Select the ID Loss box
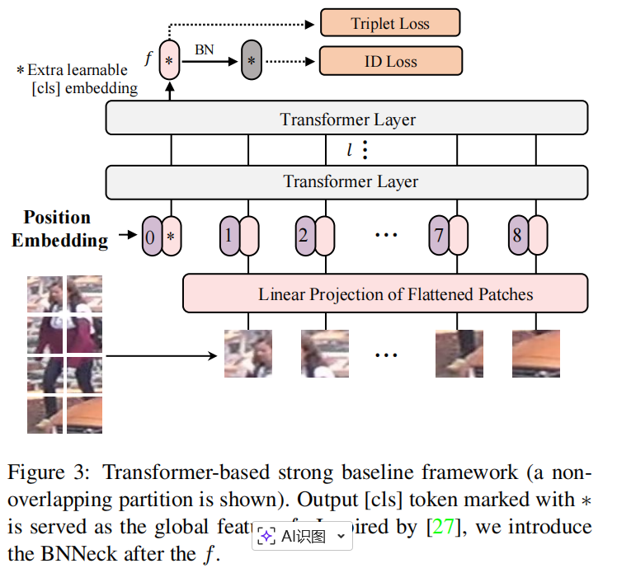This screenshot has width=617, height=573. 390,61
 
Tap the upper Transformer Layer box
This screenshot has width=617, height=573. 346,119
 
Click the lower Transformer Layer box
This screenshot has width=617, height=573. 346,181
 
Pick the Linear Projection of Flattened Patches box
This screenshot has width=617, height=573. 384,294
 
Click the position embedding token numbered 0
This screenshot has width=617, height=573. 151,237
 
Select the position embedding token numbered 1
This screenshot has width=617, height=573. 229,237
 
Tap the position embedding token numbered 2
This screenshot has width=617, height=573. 304,237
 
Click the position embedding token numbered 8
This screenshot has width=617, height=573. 517,237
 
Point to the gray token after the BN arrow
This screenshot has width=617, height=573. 251,61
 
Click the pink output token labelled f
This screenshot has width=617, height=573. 169,60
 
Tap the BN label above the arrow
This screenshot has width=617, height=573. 204,49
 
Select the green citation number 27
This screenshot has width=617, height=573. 443,527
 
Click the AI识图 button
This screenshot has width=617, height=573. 303,536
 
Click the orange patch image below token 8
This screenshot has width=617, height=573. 535,353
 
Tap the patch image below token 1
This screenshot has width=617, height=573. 248,353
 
